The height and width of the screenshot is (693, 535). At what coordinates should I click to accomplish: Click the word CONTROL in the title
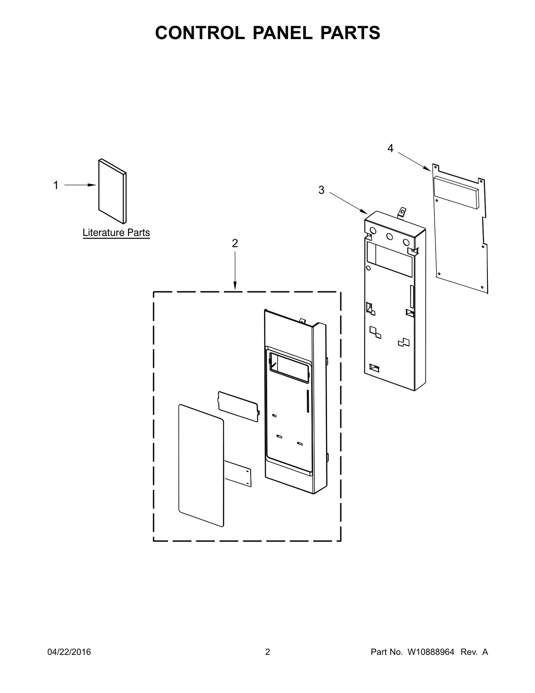tap(200, 33)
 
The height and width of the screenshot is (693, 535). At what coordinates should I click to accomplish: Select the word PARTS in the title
tap(350, 33)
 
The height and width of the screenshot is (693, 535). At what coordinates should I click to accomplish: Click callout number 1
tap(56, 185)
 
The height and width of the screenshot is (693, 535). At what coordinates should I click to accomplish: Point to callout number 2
tap(235, 243)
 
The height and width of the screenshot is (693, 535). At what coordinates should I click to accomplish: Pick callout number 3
tap(321, 190)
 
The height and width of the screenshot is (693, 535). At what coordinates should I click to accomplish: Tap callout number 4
tap(390, 148)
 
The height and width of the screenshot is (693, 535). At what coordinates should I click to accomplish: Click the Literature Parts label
tap(116, 233)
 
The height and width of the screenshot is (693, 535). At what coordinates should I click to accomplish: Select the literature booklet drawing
tap(112, 191)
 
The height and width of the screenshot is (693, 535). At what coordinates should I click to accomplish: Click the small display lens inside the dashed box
tap(238, 406)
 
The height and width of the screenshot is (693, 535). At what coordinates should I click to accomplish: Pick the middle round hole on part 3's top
tap(390, 237)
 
